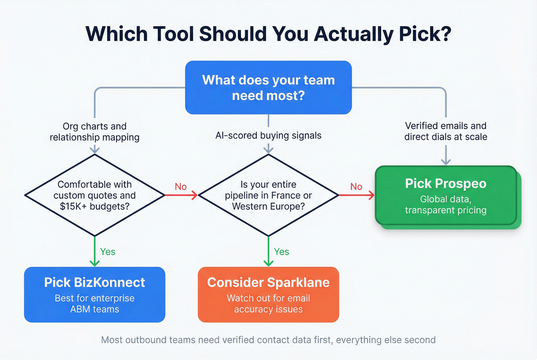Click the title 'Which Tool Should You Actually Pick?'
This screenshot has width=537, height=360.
268,34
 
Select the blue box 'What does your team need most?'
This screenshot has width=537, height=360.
268,87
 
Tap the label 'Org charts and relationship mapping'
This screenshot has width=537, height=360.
94,132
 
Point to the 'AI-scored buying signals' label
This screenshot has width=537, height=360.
268,135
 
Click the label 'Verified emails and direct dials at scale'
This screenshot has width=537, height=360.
446,131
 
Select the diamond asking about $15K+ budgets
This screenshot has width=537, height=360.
94,195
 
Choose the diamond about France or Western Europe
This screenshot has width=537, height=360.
268,195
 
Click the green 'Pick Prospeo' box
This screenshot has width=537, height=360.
446,195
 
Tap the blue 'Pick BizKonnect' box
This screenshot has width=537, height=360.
94,294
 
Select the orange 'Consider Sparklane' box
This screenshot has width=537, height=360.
268,294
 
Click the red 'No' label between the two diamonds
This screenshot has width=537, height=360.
181,187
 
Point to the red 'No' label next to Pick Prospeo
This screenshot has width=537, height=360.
356,187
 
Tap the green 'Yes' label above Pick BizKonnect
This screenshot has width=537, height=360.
108,252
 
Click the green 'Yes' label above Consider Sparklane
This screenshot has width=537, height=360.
282,252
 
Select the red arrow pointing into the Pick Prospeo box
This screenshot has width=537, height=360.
357,196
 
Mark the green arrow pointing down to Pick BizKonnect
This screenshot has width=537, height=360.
95,251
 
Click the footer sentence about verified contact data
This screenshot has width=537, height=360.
268,340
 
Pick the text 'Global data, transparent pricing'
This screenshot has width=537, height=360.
446,205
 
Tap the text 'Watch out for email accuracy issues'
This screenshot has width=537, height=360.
268,304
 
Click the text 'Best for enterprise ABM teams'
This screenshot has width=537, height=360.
94,304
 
